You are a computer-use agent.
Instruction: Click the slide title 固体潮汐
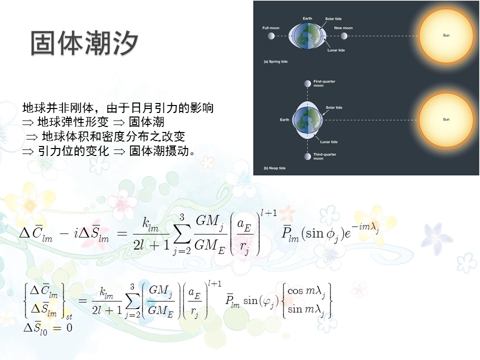[84, 43]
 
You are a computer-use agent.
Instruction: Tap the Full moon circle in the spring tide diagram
[271, 36]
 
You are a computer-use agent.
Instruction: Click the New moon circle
[344, 36]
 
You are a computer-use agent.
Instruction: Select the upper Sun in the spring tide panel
[446, 36]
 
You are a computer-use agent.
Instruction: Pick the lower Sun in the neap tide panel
[446, 120]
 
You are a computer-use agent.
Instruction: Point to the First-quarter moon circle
[307, 83]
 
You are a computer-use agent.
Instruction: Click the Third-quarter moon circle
[307, 156]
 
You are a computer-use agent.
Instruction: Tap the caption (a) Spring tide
[275, 61]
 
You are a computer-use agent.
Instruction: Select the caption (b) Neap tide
[274, 168]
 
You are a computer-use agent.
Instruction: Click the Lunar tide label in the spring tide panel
[336, 50]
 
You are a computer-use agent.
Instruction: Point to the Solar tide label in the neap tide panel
[334, 107]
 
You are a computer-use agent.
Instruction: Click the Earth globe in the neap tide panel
[307, 120]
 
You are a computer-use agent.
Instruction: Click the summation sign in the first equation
[182, 234]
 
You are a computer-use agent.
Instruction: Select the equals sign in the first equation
[122, 234]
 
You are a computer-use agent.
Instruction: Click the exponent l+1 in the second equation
[214, 284]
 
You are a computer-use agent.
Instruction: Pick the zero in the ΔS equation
[69, 328]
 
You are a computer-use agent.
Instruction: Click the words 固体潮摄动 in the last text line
[159, 151]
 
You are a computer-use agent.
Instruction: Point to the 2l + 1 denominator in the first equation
[151, 245]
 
